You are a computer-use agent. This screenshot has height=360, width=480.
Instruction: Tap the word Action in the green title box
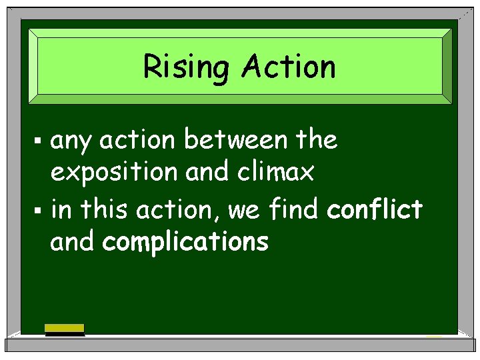(x=289, y=67)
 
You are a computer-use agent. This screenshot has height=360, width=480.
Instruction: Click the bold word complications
(x=185, y=243)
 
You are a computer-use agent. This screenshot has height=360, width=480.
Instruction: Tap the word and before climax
(x=207, y=173)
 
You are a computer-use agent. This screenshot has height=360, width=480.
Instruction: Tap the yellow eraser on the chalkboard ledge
(x=64, y=328)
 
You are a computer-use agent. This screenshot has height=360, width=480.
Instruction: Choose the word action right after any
(x=138, y=141)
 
